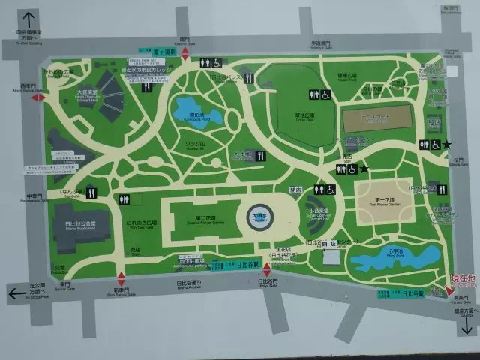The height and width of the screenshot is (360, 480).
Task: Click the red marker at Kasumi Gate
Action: pos(185,55)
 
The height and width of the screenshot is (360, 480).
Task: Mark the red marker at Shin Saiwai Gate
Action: pos(121,277)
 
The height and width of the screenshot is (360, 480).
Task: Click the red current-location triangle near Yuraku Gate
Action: pos(448,291)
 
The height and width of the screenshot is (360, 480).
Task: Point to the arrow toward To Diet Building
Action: pos(29,20)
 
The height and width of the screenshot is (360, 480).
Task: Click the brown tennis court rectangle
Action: pos(377,118)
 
